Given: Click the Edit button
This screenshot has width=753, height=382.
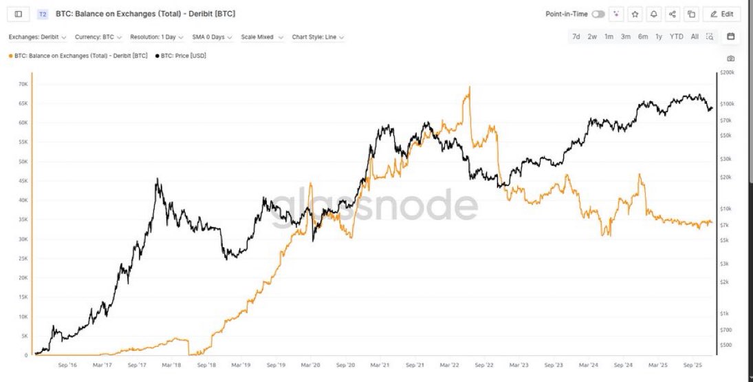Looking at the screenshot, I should (x=721, y=14).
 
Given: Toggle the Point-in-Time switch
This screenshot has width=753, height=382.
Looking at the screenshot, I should (x=598, y=14).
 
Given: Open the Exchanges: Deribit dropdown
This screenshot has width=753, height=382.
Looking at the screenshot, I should (x=38, y=37).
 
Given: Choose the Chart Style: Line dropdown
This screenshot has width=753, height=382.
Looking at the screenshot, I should (x=318, y=37).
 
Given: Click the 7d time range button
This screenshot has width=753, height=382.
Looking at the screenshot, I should (x=576, y=36).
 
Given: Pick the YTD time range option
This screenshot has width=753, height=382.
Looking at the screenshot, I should (x=677, y=36).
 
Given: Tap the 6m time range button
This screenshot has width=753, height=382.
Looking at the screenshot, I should (x=642, y=36).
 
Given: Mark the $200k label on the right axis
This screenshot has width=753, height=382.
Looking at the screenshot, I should (x=728, y=72).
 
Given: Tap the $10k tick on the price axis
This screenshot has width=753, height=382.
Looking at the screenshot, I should (x=728, y=209).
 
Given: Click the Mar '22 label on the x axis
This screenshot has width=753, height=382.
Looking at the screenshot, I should (x=449, y=365).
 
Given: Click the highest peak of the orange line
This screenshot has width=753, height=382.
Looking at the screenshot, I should (x=469, y=87).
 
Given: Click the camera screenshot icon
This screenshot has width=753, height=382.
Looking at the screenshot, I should (x=730, y=59).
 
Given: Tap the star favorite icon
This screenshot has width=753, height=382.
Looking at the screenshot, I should (x=635, y=14).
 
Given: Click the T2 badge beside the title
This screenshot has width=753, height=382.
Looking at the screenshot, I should (x=43, y=14).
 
